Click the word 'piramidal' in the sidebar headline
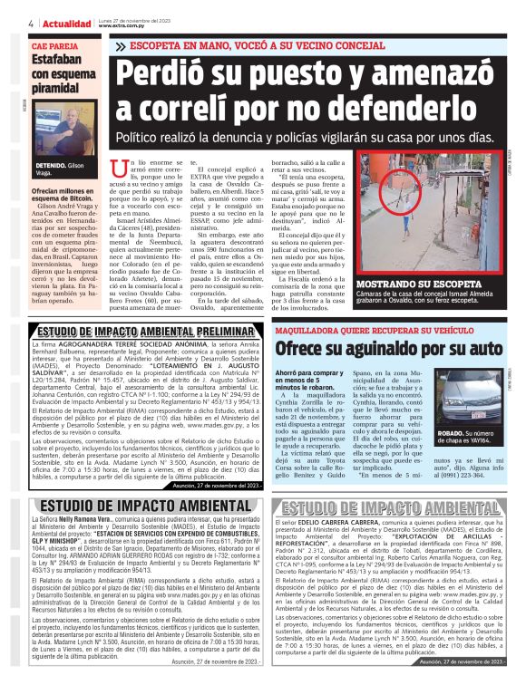pyautogui.click(x=57, y=90)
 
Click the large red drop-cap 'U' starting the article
pyautogui.click(x=116, y=169)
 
